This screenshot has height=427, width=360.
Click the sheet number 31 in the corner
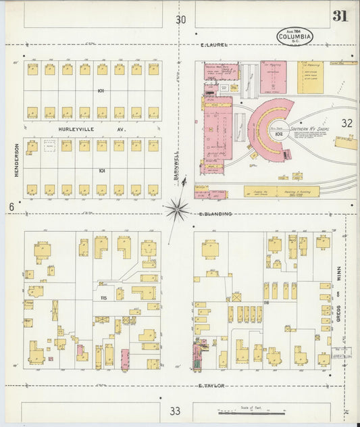click(340, 16)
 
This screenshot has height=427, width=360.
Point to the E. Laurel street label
click(215, 45)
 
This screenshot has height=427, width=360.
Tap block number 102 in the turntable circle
click(278, 133)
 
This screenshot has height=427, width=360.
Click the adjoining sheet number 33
click(176, 410)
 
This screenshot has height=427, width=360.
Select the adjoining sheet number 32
click(346, 123)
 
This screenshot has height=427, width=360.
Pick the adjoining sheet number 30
click(180, 20)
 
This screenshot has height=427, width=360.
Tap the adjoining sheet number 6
click(11, 207)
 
